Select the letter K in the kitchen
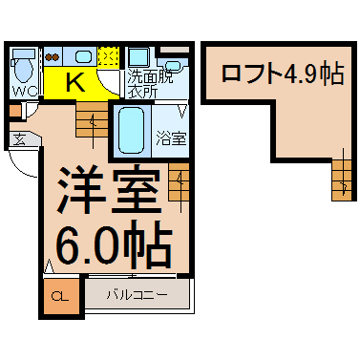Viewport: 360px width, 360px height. coord(75,82)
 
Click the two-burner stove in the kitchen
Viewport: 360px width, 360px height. coord(53,57)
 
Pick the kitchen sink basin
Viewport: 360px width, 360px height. coord(83,57)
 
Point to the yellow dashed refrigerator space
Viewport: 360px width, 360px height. coord(109,56)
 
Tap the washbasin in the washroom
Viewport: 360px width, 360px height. coord(173,66)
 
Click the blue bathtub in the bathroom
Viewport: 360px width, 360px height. coord(131,131)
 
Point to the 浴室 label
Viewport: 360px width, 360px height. coord(171,138)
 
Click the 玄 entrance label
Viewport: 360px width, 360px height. coord(20,139)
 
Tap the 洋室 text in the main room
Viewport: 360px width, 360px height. coord(108,190)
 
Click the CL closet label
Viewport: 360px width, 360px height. coord(60,297)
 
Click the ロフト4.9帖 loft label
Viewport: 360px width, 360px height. coord(283,74)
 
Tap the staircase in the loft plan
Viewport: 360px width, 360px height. coord(342,180)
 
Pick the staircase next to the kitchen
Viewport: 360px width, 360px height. coord(93,119)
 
